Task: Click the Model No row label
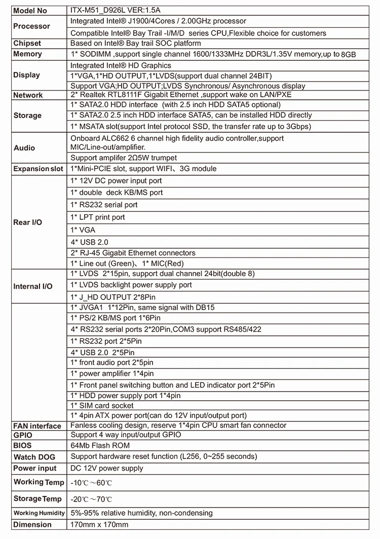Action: click(x=30, y=11)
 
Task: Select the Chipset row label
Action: click(x=27, y=44)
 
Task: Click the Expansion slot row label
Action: click(x=39, y=169)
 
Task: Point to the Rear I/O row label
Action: click(x=28, y=222)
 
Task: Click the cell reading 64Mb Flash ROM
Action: click(x=100, y=446)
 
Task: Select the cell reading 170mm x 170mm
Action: click(x=99, y=525)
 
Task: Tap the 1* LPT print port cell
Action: click(x=98, y=217)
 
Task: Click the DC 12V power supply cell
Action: click(x=107, y=469)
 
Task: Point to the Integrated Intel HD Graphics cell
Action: click(x=121, y=66)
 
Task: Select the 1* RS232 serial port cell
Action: click(x=104, y=205)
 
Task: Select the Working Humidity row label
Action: click(x=39, y=513)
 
